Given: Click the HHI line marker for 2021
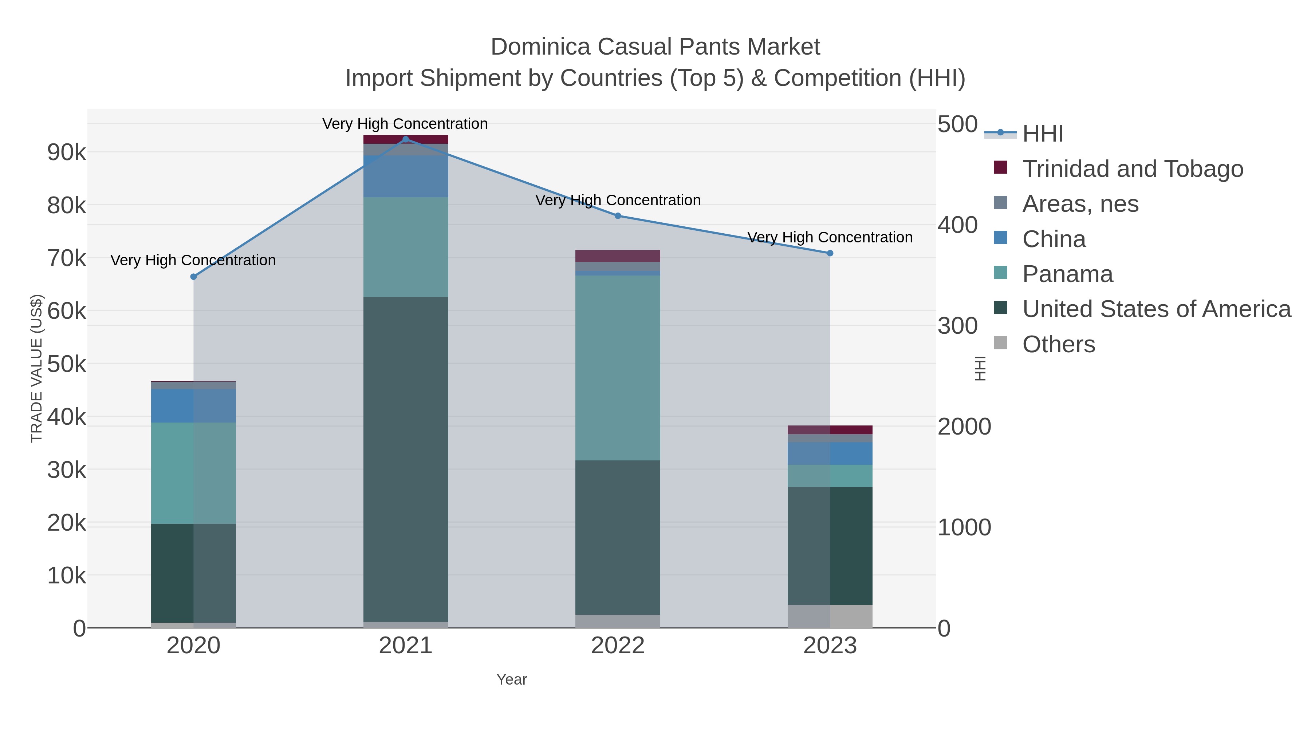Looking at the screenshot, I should coord(406,139).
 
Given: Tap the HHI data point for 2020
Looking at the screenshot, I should coord(193,277).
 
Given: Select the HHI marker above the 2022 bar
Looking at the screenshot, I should coord(618,216).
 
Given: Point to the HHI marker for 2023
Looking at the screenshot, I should coord(830,253).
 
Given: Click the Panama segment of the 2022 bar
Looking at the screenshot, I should coord(618,368).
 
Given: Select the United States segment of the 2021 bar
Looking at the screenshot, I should coord(406,459).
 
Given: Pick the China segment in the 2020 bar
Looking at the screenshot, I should coord(193,405).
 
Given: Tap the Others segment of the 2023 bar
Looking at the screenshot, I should coord(830,616).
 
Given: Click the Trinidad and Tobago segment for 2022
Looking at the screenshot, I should coord(618,256).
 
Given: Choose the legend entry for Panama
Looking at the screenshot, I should coord(1067,274).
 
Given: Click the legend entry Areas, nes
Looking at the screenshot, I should coord(1080,204).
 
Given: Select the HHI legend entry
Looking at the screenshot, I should coord(1042,134).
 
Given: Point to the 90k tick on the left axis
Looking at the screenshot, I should coord(67,152).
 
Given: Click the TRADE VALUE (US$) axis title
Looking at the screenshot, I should coord(37,368).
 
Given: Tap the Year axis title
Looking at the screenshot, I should coord(512,679).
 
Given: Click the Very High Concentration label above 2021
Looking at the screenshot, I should coord(405,124).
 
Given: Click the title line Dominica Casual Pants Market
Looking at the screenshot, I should coord(655,47).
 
